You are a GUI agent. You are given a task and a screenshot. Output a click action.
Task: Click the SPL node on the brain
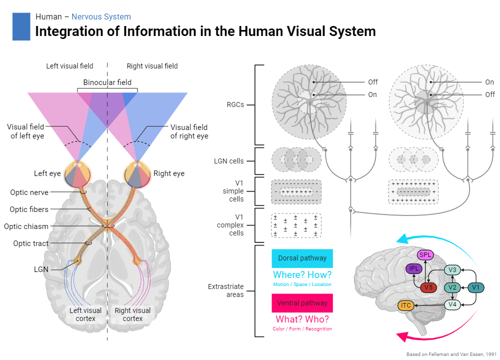coord(425,255)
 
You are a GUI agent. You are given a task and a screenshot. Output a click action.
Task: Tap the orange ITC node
coord(406,305)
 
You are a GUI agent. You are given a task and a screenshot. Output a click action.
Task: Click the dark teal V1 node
coord(475,287)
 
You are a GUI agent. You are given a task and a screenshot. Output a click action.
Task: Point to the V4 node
coord(452,304)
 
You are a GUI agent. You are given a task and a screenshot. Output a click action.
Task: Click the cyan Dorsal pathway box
coord(302,258)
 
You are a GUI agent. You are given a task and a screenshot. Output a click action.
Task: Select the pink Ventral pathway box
coord(302,303)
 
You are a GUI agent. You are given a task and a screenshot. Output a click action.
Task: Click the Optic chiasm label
coord(26,226)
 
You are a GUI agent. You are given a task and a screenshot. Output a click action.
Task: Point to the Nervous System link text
coord(101,17)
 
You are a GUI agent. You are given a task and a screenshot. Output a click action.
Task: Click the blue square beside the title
coord(21,26)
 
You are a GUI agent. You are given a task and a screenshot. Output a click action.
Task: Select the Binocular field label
coord(107,82)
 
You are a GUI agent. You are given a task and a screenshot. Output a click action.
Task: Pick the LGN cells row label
coord(229,161)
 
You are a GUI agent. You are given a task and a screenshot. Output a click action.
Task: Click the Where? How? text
coord(302,274)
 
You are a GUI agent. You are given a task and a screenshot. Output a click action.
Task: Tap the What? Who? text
coord(302,319)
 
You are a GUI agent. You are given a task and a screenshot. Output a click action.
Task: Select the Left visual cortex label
coord(85,314)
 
